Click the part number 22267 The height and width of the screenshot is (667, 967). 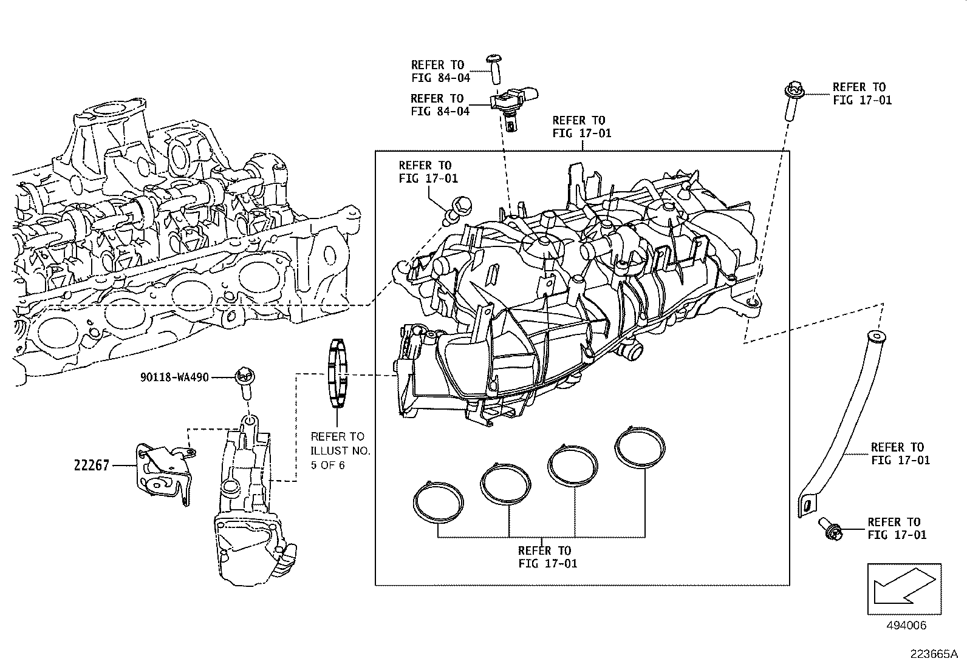tap(92, 466)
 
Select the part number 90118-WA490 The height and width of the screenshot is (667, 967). tap(174, 378)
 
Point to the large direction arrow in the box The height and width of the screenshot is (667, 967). tap(904, 587)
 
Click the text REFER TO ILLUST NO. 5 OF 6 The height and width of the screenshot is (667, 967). tap(337, 451)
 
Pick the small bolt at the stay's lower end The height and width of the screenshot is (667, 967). tap(830, 529)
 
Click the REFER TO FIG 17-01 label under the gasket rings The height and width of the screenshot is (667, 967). tap(544, 557)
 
